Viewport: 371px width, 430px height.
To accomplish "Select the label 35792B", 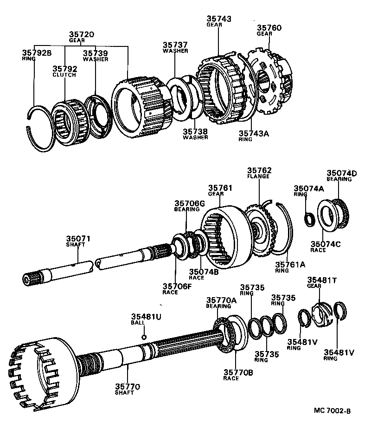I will click(36, 52).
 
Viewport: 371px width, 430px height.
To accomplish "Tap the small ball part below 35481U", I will click(144, 337).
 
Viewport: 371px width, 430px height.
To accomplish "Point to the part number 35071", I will click(77, 239).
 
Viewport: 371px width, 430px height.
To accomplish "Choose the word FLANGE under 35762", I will click(259, 176).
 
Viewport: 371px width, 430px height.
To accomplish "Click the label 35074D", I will click(341, 173).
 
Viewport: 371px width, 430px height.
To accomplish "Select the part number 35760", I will click(270, 28).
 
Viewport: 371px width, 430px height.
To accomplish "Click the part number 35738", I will click(195, 131).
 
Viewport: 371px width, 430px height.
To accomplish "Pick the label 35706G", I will click(189, 203).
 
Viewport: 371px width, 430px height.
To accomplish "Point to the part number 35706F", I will click(177, 286).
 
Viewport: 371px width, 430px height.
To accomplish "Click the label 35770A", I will click(221, 300).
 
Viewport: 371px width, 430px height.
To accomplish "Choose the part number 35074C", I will click(325, 244).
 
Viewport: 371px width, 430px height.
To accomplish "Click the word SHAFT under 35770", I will click(125, 392).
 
